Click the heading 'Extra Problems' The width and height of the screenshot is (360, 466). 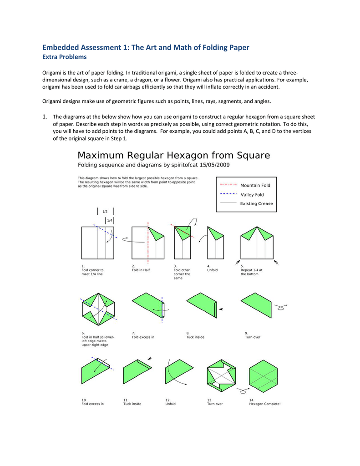pos(64,57)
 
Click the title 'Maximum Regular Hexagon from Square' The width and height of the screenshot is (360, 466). pos(174,156)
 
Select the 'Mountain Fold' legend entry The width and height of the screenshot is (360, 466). pos(255,185)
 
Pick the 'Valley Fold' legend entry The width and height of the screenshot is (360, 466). pos(252,194)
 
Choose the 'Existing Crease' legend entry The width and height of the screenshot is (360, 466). pos(256,203)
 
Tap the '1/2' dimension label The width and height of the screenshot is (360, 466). pos(105,212)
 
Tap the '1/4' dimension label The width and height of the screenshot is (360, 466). pos(109,220)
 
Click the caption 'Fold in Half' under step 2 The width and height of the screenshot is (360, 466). pos(141,270)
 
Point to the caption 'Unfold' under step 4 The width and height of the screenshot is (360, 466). pos(212,270)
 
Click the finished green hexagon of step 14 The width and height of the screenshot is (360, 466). pos(264,376)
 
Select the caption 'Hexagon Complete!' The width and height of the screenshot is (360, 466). pos(264,404)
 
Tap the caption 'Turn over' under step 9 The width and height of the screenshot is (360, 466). pos(252,337)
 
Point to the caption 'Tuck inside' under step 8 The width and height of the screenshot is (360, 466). pos(195,337)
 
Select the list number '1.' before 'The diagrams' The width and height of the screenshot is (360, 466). pos(45,116)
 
